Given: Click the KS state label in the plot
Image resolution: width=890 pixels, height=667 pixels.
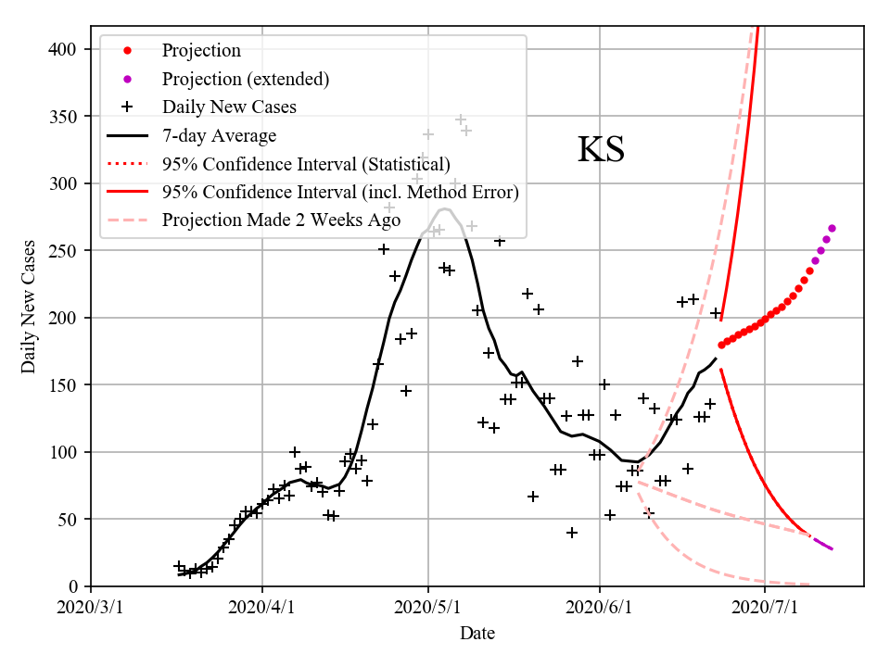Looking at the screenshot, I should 601,150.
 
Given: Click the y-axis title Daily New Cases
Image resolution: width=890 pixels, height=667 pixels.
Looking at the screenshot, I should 29,307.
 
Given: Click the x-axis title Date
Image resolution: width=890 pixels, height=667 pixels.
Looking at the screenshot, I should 477,634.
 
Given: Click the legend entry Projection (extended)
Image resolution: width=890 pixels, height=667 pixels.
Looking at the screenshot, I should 245,79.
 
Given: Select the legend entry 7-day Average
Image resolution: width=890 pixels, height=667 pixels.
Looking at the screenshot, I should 219,136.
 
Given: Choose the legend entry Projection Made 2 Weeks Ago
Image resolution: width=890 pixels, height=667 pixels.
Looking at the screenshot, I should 280,220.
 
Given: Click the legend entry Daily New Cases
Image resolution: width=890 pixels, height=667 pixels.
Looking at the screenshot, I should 229,107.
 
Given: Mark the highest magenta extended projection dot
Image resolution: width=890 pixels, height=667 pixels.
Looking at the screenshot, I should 832,228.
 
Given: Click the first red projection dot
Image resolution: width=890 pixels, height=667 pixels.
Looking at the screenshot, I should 721,345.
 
